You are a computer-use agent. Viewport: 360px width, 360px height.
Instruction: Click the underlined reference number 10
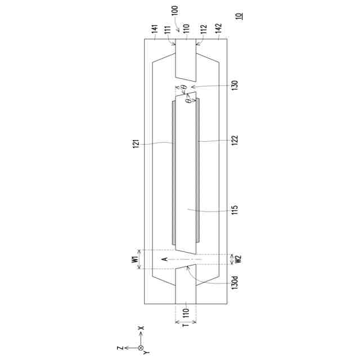(240, 16)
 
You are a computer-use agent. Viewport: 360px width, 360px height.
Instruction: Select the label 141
(155, 29)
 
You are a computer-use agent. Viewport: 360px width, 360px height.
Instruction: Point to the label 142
(219, 29)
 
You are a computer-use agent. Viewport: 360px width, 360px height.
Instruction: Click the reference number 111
(168, 30)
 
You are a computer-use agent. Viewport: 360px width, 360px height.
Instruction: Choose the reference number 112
(204, 29)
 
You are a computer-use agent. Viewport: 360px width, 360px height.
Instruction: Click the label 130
(235, 85)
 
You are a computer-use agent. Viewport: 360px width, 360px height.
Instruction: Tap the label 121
(136, 144)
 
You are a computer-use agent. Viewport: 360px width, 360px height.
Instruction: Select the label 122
(235, 140)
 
